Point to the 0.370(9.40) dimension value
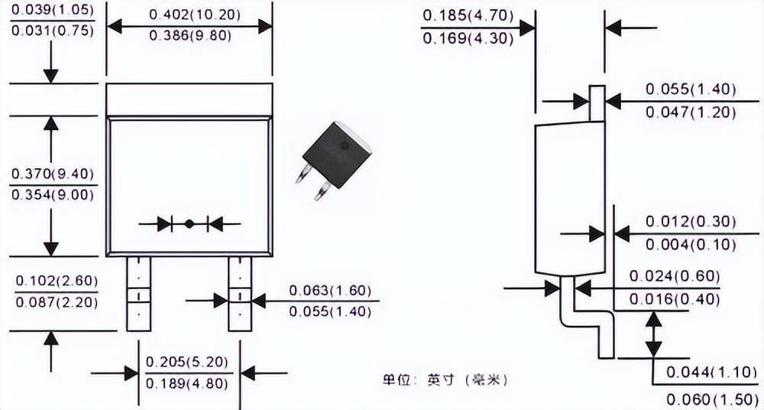point(51,174)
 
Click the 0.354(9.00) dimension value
point(51,194)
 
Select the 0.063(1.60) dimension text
point(329,291)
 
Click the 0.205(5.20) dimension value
point(186,362)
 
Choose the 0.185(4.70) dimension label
point(467,15)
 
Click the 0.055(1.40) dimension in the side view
point(691,89)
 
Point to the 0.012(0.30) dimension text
point(691,222)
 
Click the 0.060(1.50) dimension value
point(712,399)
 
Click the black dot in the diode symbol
point(189,224)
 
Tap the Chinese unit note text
point(445,379)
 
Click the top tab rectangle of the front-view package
point(189,99)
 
